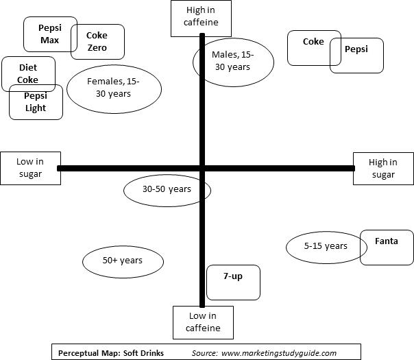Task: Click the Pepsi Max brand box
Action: tap(51, 34)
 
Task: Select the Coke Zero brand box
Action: tap(98, 42)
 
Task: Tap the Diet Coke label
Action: tap(29, 74)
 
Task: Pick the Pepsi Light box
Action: tap(36, 102)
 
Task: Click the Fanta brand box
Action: tap(387, 248)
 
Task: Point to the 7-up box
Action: tap(234, 283)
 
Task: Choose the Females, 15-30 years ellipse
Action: tap(114, 89)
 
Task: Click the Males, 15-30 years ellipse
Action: tap(234, 62)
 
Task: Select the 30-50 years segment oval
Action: tap(167, 191)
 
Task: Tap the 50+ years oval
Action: tap(123, 262)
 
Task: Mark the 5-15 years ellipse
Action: tap(326, 248)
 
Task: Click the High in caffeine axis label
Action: tap(202, 19)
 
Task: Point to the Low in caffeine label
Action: tap(204, 322)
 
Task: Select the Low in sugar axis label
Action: tap(31, 168)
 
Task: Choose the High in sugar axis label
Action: tap(383, 169)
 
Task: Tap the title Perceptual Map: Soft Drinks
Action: tap(111, 353)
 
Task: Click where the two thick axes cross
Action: tap(202, 168)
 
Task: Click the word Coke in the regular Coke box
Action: tap(313, 41)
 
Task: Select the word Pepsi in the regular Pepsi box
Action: tap(356, 49)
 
